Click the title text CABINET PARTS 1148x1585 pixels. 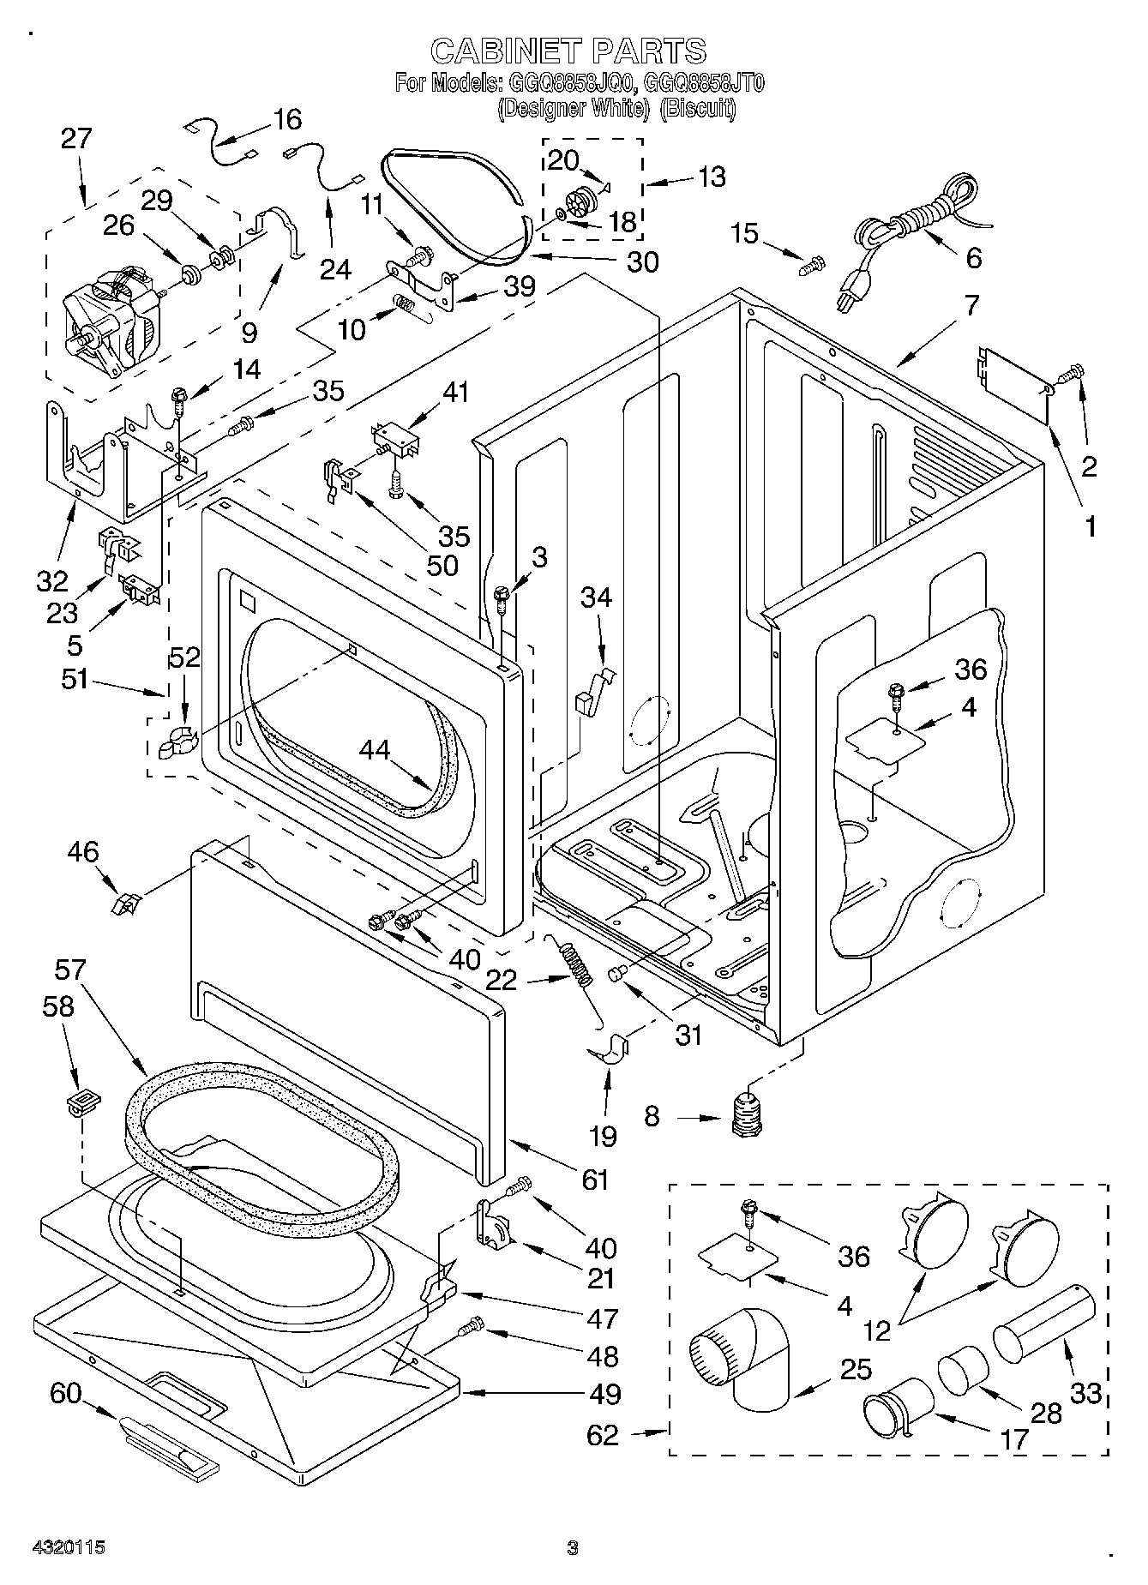pyautogui.click(x=568, y=51)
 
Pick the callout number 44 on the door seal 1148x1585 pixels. pyautogui.click(x=375, y=749)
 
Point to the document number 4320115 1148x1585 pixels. pyautogui.click(x=68, y=1547)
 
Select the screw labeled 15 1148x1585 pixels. pyautogui.click(x=810, y=267)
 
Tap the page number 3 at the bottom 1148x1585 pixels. pyautogui.click(x=573, y=1547)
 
